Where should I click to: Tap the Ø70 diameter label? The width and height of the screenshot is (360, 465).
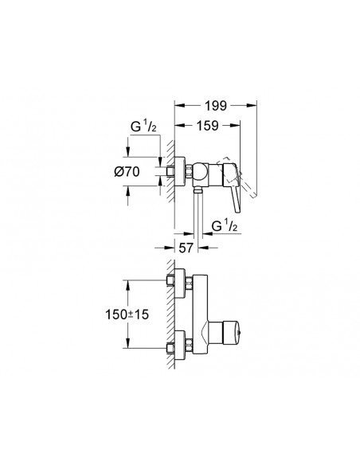(145, 172)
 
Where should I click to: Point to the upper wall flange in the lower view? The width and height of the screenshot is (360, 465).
(180, 283)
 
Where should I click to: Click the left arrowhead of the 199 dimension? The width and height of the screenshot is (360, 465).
(177, 103)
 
